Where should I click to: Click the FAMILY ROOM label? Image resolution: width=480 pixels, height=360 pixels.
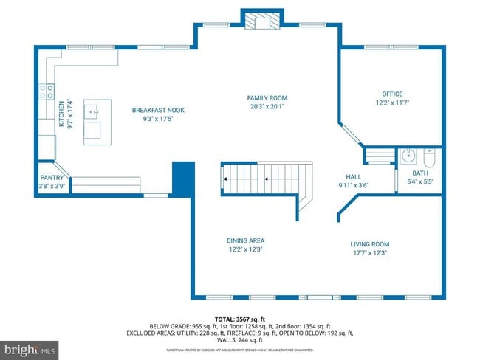(267, 98)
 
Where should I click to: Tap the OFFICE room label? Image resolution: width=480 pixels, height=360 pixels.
(391, 94)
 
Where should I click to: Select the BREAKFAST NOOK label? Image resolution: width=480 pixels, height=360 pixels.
(158, 110)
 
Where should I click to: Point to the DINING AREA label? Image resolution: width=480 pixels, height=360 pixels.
(245, 240)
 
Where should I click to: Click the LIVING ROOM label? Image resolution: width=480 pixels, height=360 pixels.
(369, 244)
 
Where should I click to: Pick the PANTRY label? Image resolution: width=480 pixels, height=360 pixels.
(52, 178)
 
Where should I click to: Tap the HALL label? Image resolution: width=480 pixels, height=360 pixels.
(353, 177)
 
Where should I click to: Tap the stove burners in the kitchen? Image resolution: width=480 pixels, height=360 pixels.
(45, 91)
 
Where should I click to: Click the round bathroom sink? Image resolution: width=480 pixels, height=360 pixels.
(408, 156)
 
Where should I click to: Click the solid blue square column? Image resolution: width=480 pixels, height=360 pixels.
(182, 177)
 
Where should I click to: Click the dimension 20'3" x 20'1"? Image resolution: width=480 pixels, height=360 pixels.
(267, 106)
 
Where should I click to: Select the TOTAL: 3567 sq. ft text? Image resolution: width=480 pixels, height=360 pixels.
(240, 318)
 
